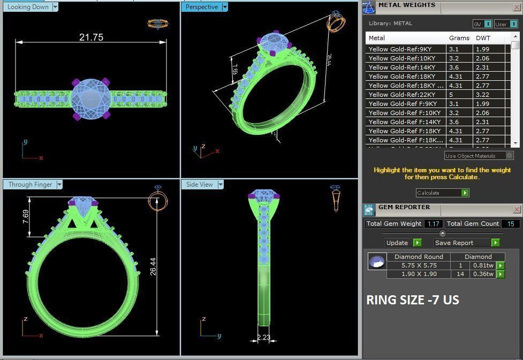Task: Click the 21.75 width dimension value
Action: click(x=91, y=37)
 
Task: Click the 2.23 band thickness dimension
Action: click(x=263, y=338)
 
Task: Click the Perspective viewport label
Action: click(x=201, y=7)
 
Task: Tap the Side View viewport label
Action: click(x=199, y=185)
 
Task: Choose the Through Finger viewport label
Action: click(x=30, y=185)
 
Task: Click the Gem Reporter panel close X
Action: click(x=517, y=210)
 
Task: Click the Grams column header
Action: click(x=459, y=38)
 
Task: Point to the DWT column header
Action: click(x=483, y=38)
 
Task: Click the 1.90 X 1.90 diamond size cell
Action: click(x=419, y=274)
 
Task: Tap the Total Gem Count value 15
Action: click(x=510, y=224)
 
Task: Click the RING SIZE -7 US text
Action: click(x=412, y=300)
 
